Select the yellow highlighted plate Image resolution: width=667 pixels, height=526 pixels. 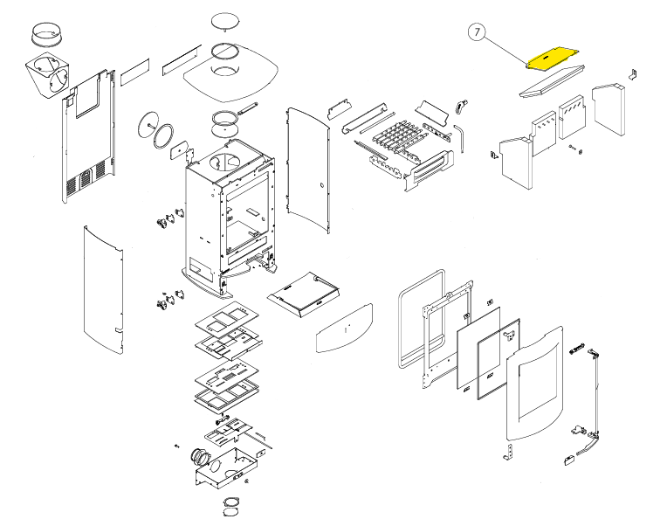point(554,58)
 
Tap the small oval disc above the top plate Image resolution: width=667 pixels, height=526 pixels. point(224,20)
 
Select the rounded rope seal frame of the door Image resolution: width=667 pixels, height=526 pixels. point(418,322)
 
